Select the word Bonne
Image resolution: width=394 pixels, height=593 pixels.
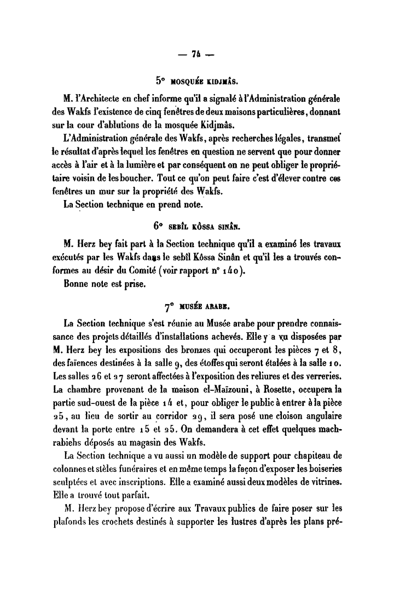pos(76,284)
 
